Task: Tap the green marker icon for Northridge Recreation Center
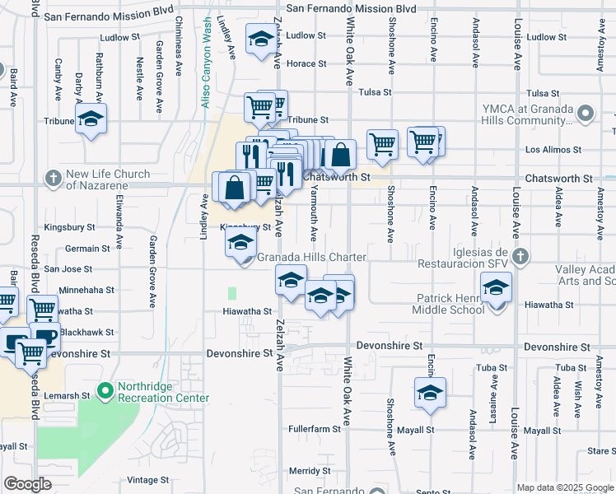[105, 390]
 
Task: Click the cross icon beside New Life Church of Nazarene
[54, 178]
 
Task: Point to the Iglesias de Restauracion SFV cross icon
[520, 257]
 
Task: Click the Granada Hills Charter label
[311, 258]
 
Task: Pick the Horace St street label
[306, 63]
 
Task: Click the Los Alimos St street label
[553, 151]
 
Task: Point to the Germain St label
[88, 248]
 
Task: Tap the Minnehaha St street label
[86, 291]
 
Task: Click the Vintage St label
[148, 480]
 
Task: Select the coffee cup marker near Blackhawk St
[44, 336]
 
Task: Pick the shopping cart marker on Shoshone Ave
[382, 143]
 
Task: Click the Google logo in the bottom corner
[28, 484]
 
